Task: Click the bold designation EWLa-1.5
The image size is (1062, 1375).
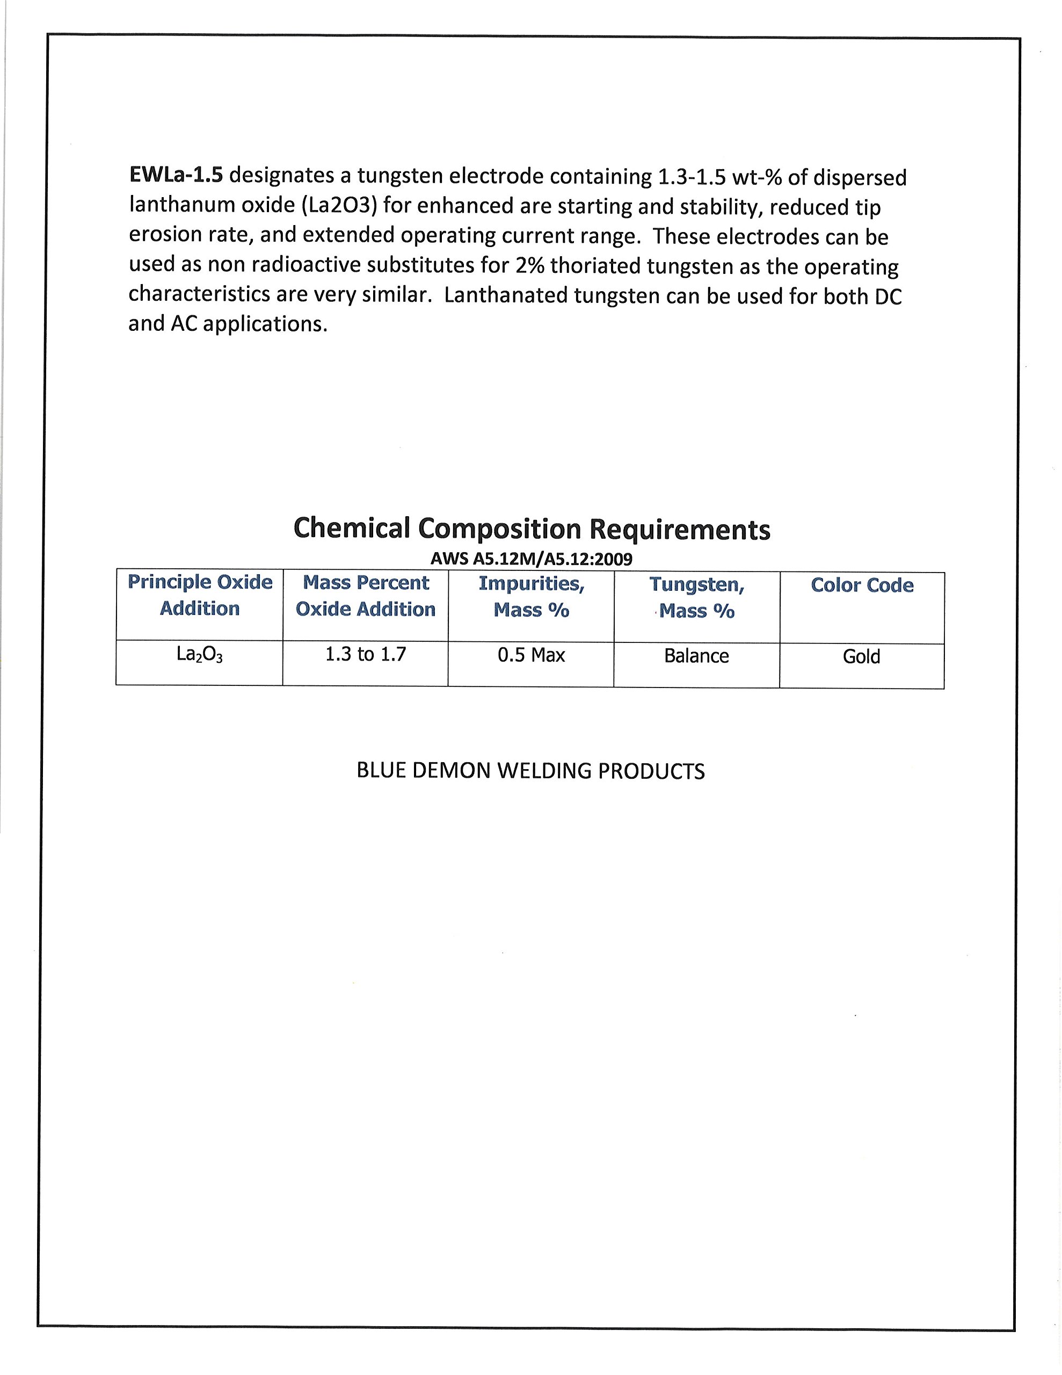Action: (176, 175)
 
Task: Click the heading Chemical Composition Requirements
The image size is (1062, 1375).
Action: (532, 529)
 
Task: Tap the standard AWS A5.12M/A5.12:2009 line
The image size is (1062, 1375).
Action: (532, 559)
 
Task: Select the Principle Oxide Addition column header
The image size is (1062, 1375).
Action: (200, 595)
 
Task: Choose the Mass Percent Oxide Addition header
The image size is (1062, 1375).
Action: (366, 596)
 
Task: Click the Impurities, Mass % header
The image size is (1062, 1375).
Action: (532, 596)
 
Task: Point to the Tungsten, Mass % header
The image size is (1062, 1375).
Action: (697, 597)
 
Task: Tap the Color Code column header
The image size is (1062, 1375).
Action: (862, 585)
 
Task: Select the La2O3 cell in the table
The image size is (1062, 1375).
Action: (200, 655)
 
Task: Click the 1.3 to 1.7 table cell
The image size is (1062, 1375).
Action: (366, 655)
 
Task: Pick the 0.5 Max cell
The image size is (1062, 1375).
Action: (532, 655)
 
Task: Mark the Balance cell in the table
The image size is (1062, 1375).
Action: (696, 656)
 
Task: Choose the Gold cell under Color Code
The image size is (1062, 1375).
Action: (861, 657)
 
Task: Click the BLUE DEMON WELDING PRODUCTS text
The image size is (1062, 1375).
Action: (530, 771)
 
